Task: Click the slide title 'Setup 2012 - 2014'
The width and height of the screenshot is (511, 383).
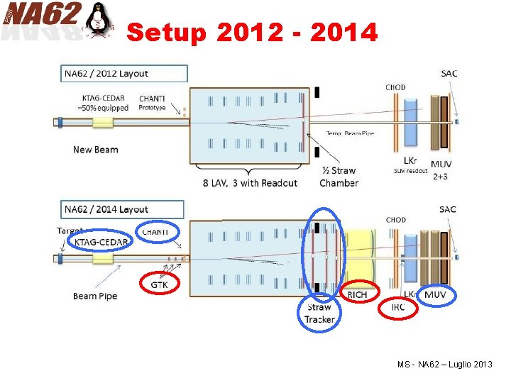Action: tap(252, 32)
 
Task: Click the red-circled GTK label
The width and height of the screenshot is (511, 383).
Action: tap(159, 284)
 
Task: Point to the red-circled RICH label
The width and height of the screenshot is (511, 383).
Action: tap(358, 294)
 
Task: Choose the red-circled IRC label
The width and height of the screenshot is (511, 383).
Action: tap(397, 307)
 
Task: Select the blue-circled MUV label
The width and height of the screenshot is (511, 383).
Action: tap(436, 294)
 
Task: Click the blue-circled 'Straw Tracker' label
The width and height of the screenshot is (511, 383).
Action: tap(319, 313)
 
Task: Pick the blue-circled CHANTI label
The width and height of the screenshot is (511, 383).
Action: tap(155, 231)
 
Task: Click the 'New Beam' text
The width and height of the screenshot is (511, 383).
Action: tap(95, 150)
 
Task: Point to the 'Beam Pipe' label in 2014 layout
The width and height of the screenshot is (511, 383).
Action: tap(95, 296)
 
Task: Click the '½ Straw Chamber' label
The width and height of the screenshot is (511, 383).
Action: tap(339, 177)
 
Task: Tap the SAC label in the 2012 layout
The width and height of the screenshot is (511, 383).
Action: tap(449, 73)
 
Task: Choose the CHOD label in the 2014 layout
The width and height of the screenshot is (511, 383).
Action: tap(395, 220)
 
